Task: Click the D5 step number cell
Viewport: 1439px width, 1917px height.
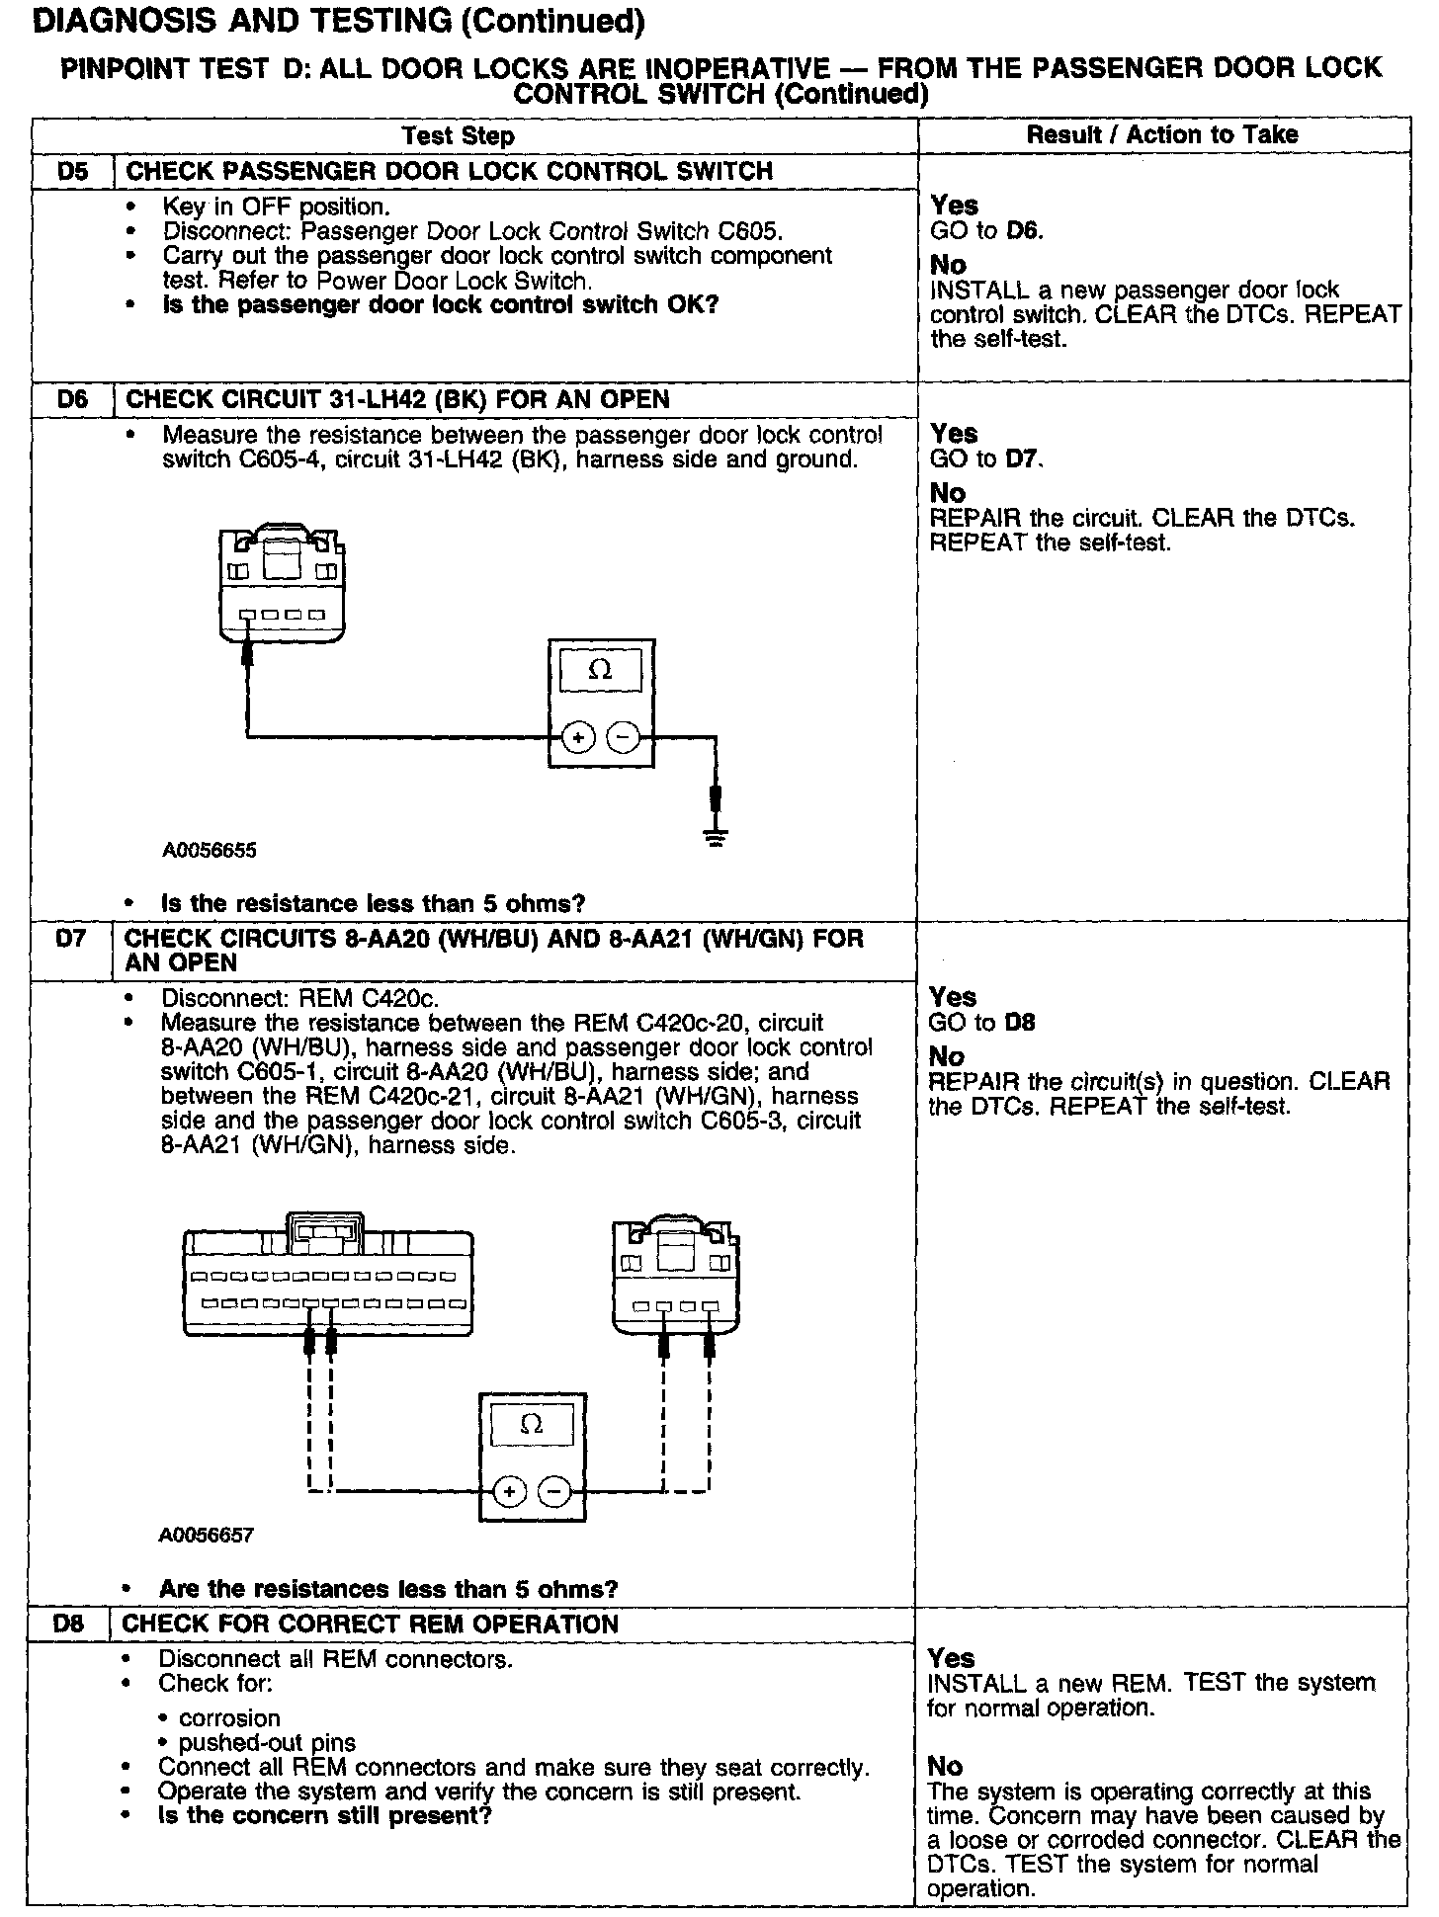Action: point(72,171)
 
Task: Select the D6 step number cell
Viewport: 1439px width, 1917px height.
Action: point(72,399)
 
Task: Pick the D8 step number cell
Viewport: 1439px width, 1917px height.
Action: point(68,1624)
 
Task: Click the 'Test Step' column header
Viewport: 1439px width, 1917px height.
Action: point(458,135)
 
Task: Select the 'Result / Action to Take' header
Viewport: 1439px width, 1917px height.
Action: point(1162,134)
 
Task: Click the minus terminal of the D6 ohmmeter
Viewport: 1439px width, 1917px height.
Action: point(623,737)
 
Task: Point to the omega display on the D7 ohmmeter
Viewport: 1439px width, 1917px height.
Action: point(531,1424)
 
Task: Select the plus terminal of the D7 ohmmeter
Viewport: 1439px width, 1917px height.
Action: point(509,1491)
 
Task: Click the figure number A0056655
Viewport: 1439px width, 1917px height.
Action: point(210,850)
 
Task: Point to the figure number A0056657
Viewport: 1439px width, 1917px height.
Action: point(207,1535)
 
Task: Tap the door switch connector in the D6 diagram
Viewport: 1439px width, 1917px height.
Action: point(283,585)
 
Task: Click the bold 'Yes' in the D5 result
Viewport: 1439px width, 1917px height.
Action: point(954,206)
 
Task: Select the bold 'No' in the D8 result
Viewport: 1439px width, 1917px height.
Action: point(945,1766)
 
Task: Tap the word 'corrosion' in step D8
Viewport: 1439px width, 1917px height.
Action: point(229,1718)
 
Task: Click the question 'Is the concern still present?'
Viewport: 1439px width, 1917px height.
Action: point(324,1815)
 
